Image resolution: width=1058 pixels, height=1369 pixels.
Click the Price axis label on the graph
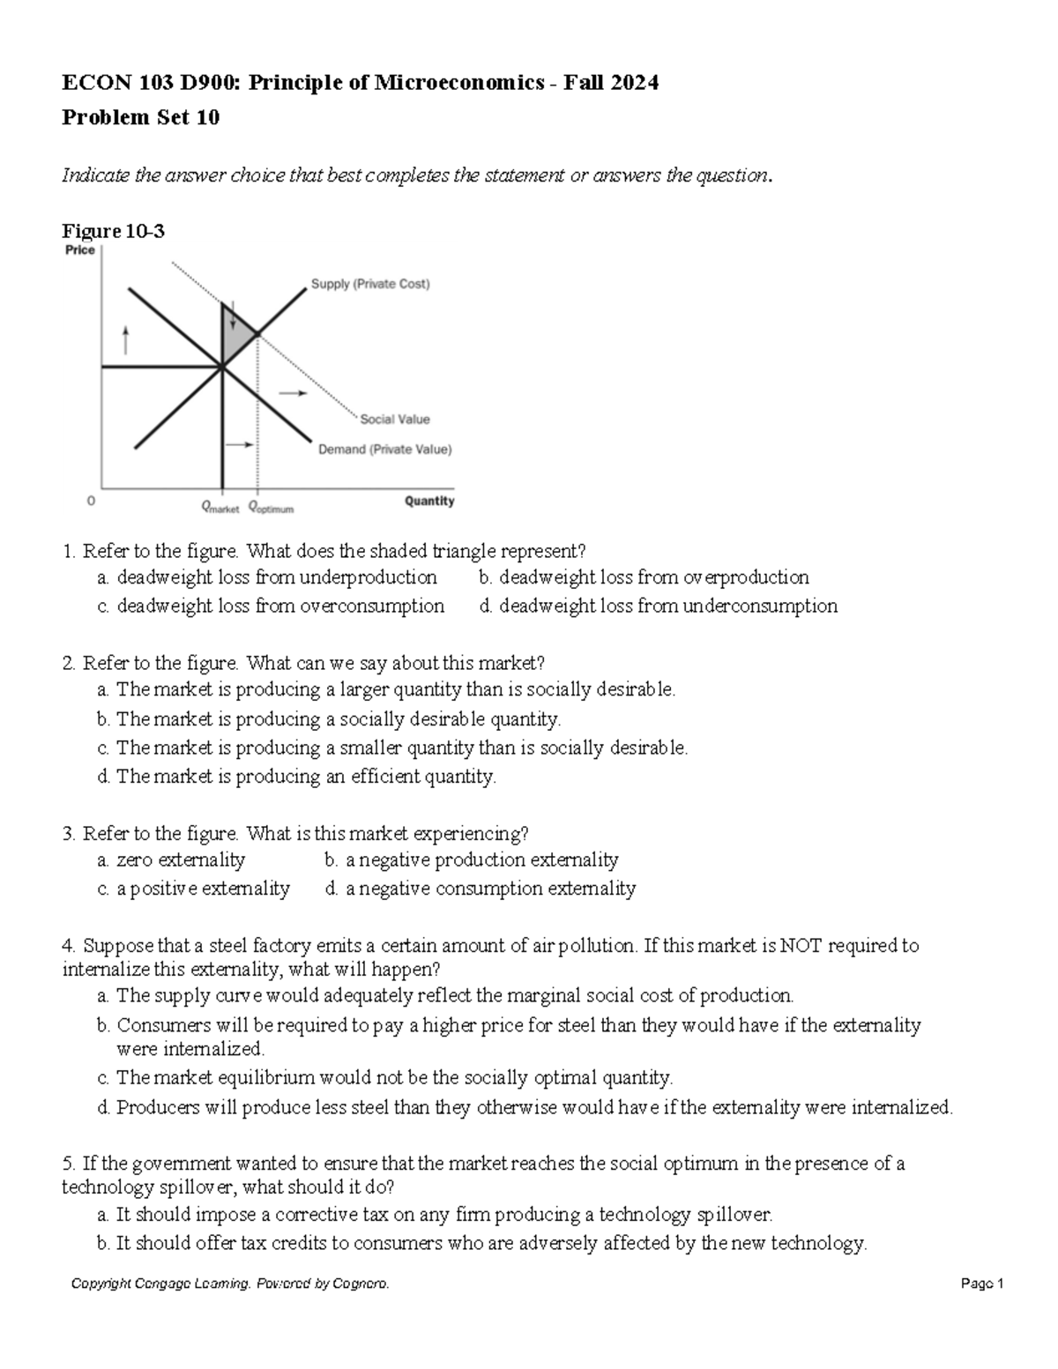80,250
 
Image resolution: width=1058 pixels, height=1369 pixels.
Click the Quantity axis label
429,501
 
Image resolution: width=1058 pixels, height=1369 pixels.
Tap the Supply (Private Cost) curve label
370,284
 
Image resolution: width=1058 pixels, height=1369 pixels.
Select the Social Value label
394,420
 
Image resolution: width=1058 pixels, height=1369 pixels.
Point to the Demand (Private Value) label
384,450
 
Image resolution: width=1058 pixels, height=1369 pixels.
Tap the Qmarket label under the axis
220,509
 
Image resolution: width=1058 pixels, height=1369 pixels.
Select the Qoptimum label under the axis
271,509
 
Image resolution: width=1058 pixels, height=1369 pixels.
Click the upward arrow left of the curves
126,339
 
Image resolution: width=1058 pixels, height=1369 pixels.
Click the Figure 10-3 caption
113,231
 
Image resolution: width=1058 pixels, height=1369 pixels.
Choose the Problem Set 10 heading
140,117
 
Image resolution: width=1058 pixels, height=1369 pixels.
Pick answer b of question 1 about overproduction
644,577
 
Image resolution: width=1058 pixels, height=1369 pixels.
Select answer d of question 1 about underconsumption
658,606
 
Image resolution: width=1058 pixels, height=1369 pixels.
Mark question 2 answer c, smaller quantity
392,748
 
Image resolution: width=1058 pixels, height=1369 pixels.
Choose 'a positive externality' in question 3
194,889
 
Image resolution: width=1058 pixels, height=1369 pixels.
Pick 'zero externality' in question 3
172,859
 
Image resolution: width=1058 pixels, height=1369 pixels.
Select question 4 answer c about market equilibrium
385,1078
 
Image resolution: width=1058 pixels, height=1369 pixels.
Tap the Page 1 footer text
982,1284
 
